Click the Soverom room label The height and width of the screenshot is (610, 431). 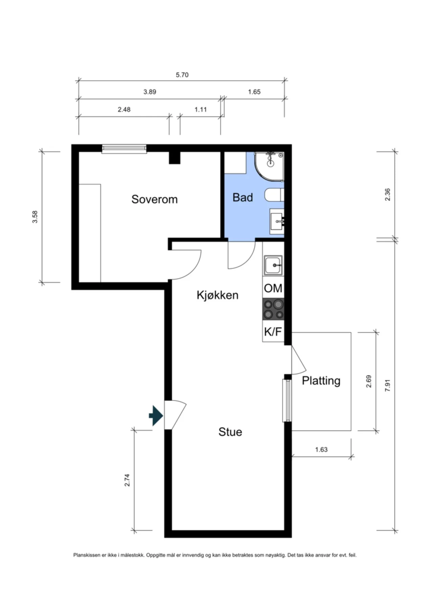154,199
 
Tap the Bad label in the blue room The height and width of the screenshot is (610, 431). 243,197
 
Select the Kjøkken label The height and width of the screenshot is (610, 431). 217,295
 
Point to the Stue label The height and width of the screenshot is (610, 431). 230,432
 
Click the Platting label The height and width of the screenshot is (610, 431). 321,381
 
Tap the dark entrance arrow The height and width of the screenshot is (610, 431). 156,415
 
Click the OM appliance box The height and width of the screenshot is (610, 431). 273,288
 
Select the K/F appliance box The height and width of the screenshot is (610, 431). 273,331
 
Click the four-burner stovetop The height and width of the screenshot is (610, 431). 273,309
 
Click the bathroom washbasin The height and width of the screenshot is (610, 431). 277,221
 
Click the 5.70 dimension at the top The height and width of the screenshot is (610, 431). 182,75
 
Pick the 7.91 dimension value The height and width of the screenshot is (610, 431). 388,385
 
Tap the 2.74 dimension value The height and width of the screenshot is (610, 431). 127,480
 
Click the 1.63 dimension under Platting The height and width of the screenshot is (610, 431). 321,450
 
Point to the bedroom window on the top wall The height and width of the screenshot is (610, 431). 124,148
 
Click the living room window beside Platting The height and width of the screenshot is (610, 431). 287,401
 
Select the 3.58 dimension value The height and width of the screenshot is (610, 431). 35,217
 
